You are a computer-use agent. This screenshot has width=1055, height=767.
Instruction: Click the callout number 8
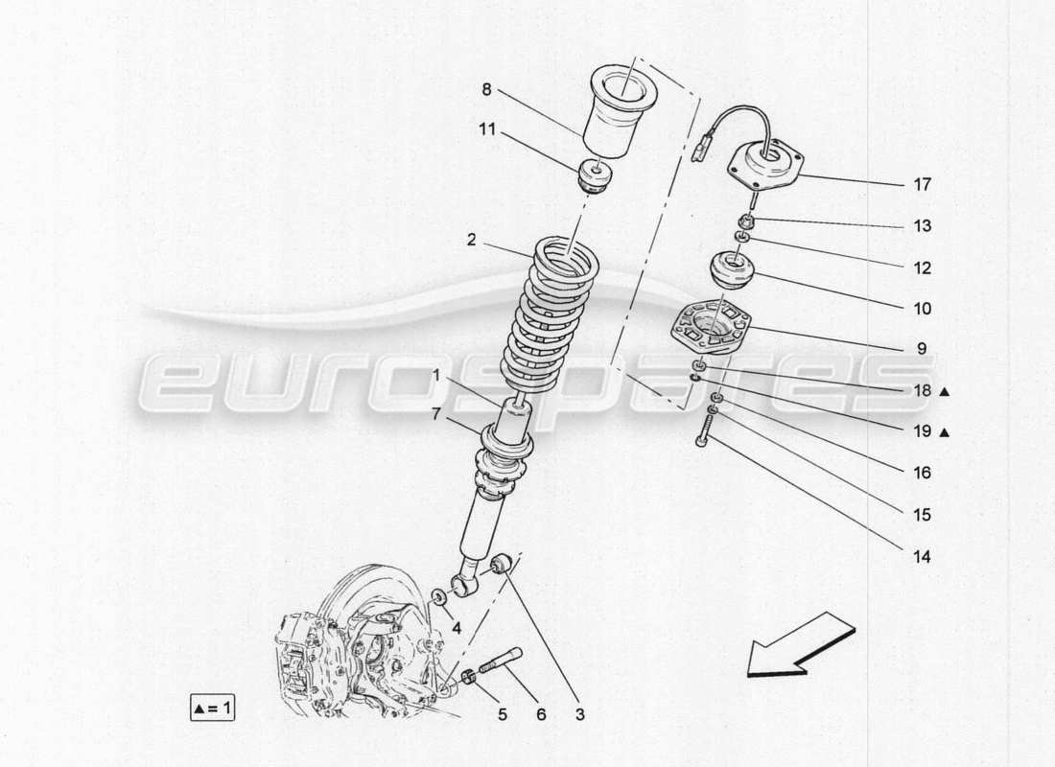486,89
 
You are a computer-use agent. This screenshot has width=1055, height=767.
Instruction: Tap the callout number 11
487,129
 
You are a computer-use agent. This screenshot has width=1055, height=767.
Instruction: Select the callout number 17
922,184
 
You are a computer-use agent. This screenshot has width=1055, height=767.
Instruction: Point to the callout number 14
922,556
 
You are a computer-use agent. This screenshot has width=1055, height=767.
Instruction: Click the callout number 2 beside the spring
472,241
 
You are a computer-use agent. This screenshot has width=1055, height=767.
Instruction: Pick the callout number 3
578,713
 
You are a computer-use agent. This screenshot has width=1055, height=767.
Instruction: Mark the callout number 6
540,713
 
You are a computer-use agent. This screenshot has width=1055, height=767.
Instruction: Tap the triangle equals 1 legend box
213,709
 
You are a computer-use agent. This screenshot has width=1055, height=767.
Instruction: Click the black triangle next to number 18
945,391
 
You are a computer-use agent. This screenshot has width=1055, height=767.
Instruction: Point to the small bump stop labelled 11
595,179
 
